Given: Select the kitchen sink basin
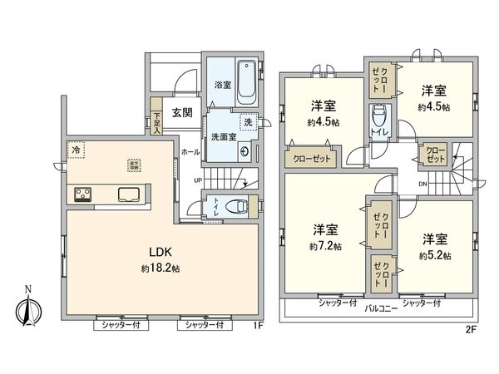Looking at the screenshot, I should coord(129,194).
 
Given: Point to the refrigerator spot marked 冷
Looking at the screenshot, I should coord(75,152).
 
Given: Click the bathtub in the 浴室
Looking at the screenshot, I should coord(247,81).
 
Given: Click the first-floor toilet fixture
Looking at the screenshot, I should coord(239,206).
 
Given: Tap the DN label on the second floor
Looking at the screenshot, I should coord(422,185).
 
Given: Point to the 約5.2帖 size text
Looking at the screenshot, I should coord(434,255).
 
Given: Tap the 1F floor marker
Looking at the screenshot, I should coord(258,325).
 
